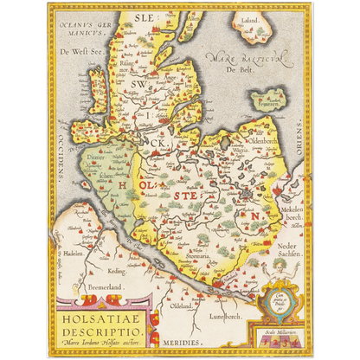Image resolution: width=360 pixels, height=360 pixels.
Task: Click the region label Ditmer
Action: (103, 157)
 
